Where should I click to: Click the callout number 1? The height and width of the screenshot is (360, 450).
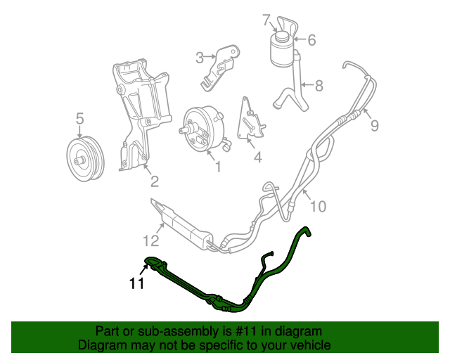click(x=217, y=167)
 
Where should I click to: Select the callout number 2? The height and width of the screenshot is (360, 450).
click(x=154, y=182)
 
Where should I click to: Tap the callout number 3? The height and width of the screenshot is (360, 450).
click(x=199, y=58)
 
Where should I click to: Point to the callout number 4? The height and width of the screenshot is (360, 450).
click(x=257, y=157)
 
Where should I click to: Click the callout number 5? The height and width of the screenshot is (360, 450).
click(x=79, y=118)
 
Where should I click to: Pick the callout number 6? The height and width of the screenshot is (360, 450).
click(x=311, y=40)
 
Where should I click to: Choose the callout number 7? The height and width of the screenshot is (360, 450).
click(x=266, y=19)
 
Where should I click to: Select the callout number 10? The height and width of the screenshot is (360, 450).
click(x=319, y=206)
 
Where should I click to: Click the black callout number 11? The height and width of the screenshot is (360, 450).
click(x=136, y=284)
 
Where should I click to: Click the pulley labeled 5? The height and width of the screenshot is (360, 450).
click(x=84, y=155)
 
